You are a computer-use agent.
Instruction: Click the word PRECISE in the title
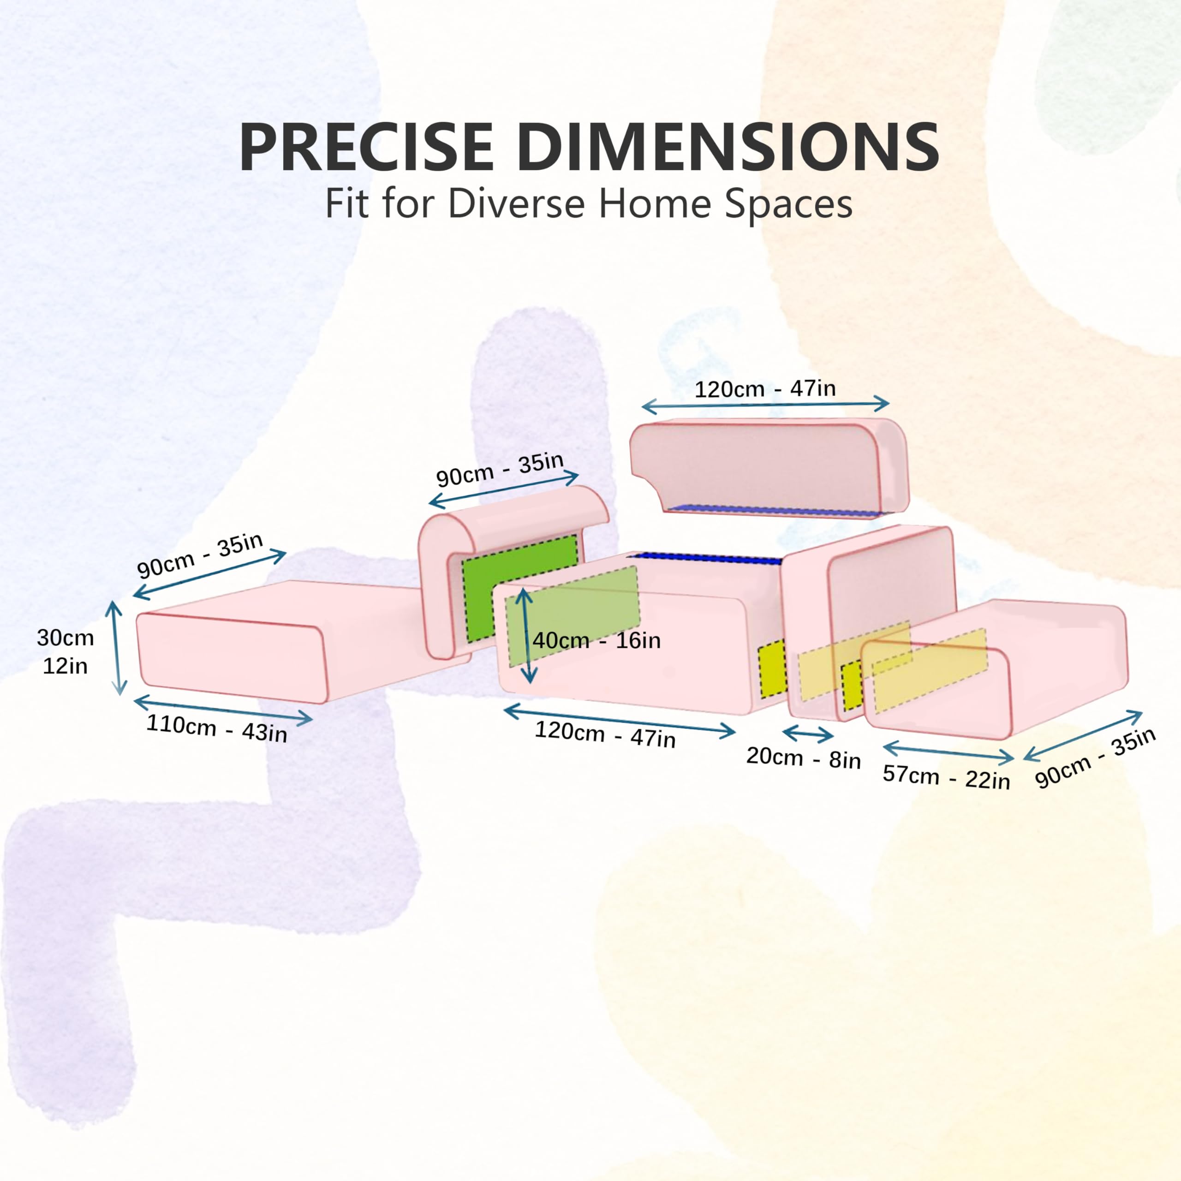click(366, 147)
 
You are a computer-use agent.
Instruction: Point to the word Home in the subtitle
click(654, 203)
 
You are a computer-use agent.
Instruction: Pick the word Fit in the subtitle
click(346, 203)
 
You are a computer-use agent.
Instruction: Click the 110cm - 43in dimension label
click(216, 728)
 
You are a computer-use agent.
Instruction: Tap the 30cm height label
click(66, 638)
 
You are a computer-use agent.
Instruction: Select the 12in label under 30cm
click(65, 666)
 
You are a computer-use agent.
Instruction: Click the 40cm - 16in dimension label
click(596, 641)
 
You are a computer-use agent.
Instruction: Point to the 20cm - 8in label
click(803, 758)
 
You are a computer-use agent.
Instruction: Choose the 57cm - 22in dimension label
click(946, 777)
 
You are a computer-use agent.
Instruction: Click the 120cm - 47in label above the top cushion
click(765, 389)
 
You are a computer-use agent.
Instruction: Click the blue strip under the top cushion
click(773, 510)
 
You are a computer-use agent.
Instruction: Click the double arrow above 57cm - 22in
click(948, 751)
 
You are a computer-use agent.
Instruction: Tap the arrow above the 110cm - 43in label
click(222, 709)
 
